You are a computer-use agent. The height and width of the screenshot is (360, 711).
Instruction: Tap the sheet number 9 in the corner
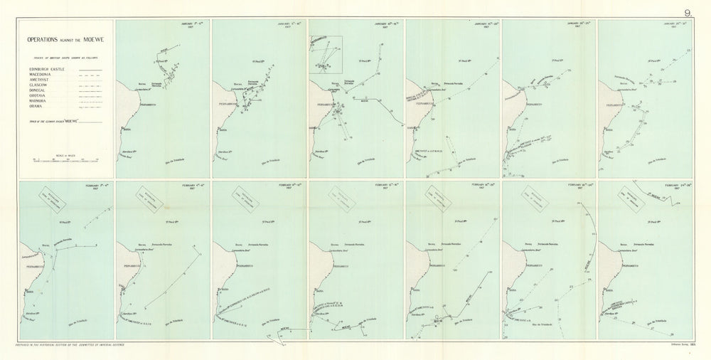point(688,12)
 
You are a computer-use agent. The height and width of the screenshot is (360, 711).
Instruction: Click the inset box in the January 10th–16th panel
point(326,54)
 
